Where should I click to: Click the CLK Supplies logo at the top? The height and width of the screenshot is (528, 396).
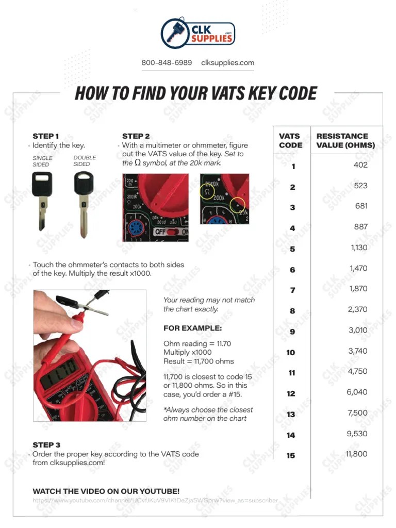click(x=198, y=32)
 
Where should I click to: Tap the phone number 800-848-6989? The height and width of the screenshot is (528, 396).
click(x=167, y=63)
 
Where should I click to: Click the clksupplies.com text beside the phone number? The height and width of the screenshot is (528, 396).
click(x=227, y=63)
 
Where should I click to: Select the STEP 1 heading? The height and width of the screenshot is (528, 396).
click(x=46, y=136)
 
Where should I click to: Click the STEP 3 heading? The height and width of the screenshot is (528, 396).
click(x=46, y=444)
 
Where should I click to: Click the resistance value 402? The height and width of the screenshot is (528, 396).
click(x=360, y=165)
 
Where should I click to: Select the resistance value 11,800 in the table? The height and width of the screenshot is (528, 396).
click(x=356, y=454)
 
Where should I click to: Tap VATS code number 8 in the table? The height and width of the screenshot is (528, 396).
click(x=292, y=311)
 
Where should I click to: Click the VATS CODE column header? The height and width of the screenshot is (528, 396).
click(x=291, y=141)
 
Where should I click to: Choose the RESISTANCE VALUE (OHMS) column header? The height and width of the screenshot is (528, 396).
click(x=345, y=141)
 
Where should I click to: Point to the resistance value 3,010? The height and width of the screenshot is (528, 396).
click(x=358, y=330)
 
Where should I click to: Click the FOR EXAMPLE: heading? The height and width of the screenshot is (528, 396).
click(x=193, y=328)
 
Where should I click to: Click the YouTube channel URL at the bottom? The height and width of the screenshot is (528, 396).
click(x=155, y=500)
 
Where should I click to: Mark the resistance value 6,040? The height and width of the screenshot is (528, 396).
click(x=357, y=392)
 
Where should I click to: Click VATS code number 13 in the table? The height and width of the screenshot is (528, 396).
click(x=291, y=414)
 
